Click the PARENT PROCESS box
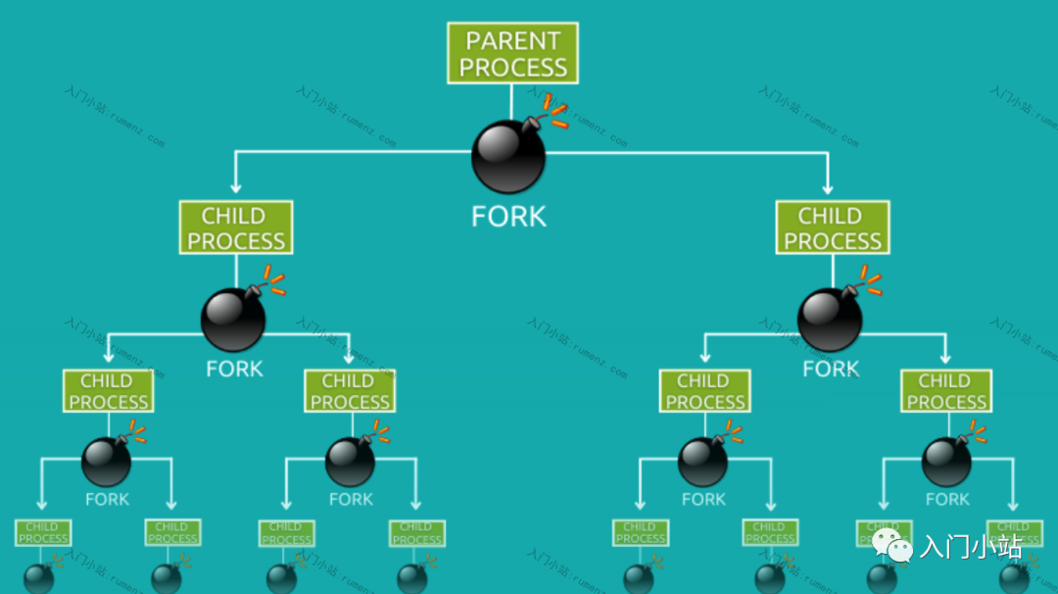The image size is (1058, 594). (512, 54)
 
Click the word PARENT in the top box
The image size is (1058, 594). (512, 41)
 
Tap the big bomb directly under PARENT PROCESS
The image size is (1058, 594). (508, 157)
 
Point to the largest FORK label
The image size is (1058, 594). (508, 217)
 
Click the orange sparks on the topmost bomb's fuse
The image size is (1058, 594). (556, 112)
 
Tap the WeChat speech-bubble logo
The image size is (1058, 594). (892, 545)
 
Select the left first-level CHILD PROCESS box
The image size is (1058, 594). (235, 228)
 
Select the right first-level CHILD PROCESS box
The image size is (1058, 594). (832, 228)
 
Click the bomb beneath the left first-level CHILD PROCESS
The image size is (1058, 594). (233, 320)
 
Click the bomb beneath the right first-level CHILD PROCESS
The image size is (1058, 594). (830, 320)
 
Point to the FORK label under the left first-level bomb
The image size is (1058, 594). (234, 370)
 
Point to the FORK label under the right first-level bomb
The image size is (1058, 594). (831, 370)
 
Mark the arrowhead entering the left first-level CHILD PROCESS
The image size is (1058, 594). (235, 186)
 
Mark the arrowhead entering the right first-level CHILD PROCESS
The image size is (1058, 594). (829, 186)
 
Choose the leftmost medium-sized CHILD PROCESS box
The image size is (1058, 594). (108, 391)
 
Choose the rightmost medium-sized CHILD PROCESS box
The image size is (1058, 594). (945, 391)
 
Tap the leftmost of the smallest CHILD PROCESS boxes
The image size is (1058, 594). (43, 532)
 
